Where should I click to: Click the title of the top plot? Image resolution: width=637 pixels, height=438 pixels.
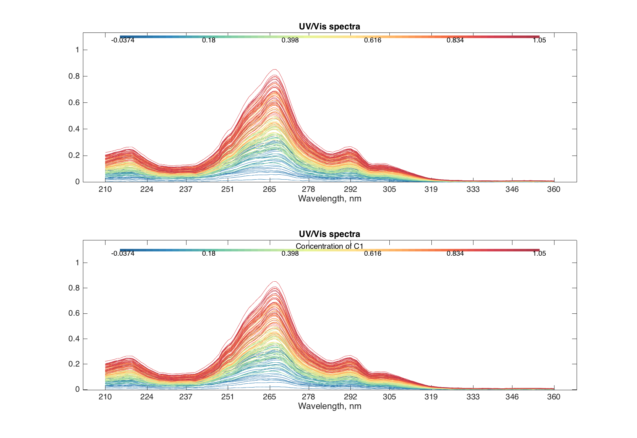329,26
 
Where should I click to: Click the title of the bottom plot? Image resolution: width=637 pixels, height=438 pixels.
329,234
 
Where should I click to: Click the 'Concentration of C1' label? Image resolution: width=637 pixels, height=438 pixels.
329,246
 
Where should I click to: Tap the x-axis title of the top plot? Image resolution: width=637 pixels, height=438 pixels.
329,199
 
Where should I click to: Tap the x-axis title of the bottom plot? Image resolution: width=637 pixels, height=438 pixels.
329,406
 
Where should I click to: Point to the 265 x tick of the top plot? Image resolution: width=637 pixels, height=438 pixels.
269,189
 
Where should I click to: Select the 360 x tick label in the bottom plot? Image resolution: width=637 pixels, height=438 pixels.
554,397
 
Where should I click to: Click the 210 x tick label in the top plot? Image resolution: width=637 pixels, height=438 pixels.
105,189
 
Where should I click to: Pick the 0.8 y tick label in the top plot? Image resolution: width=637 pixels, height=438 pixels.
74,76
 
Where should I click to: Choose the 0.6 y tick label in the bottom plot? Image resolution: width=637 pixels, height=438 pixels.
74,313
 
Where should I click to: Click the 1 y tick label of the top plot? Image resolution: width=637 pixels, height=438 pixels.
77,50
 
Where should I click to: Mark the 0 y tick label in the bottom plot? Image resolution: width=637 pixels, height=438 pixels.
77,389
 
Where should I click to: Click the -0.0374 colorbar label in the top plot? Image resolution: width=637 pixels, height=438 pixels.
123,41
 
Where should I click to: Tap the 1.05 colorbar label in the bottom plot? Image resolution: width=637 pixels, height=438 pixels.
539,253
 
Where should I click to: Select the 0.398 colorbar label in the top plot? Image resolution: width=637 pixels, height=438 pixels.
290,41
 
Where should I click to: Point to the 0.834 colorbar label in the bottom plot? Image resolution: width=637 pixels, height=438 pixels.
455,253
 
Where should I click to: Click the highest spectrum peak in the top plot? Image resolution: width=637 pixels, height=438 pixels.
274,70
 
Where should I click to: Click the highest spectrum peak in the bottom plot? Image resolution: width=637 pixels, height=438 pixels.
274,282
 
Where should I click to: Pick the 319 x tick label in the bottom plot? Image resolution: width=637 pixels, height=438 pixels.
431,397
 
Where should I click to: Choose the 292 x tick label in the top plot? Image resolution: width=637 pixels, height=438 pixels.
350,189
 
